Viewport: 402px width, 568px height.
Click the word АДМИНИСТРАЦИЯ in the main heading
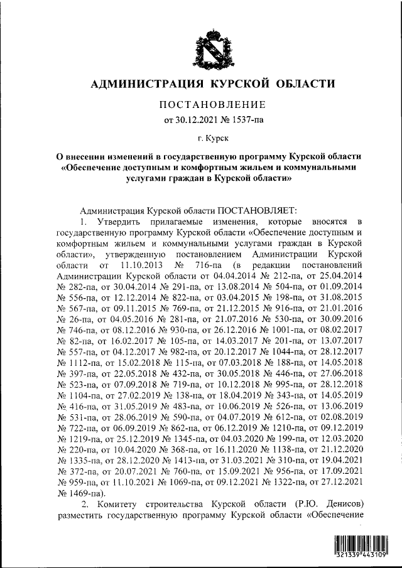tap(144, 83)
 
